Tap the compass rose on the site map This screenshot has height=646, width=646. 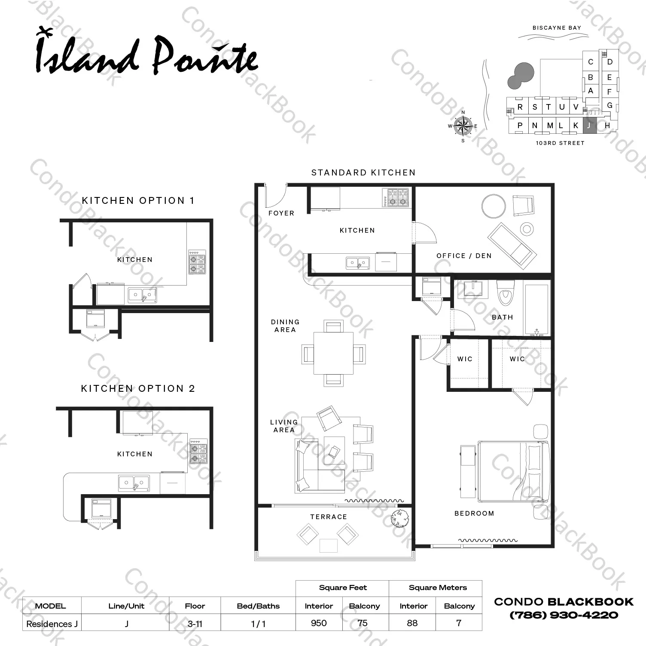coord(463,126)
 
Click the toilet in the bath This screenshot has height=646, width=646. coord(505,292)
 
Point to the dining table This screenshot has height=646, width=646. coord(333,353)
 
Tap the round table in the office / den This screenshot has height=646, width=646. coord(494,206)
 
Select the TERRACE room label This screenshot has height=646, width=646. coord(329,517)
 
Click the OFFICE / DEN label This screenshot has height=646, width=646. coord(464,256)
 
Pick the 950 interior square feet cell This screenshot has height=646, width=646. coord(319,623)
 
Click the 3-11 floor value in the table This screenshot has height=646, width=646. coord(195,623)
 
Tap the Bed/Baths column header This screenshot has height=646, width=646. coord(258,606)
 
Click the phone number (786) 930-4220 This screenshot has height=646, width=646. coord(564,615)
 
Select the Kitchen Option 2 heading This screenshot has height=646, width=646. coord(138,389)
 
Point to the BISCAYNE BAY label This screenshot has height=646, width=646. coord(557,28)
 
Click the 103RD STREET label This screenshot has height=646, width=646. coord(560,143)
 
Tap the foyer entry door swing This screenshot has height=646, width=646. coord(277,195)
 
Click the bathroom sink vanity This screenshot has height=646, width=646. coord(473,289)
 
